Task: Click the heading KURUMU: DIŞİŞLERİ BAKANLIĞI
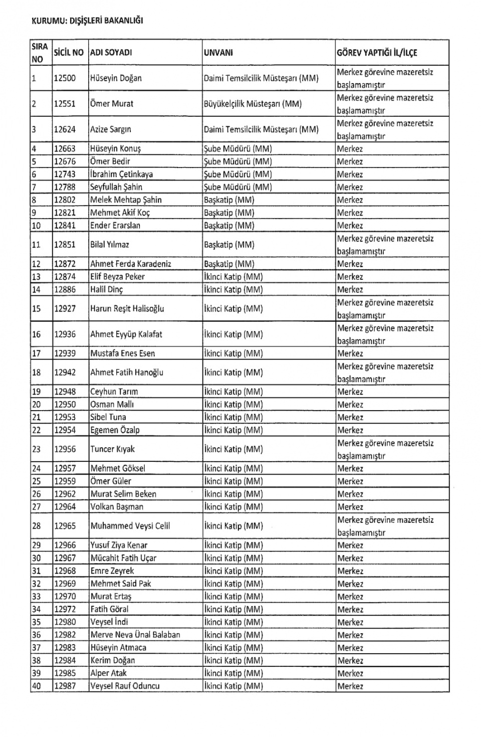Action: point(87,21)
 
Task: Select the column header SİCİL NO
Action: point(69,52)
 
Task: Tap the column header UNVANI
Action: point(218,53)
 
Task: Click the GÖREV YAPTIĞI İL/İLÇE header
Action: point(377,53)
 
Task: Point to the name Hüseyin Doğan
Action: point(116,78)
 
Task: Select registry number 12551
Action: point(65,104)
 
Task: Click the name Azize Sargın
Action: point(110,129)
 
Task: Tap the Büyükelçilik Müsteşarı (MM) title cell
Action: point(253,104)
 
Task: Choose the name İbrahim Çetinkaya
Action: point(121,174)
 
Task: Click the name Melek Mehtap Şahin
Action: point(126,200)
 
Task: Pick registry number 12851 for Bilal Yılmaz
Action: point(65,245)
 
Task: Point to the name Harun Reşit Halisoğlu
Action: point(127,309)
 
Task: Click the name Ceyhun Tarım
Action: point(114,392)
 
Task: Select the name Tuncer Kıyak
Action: point(112,449)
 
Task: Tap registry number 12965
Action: point(65,526)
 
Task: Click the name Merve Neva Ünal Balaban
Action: point(135,635)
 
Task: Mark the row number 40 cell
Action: point(37,686)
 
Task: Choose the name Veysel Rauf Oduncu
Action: point(125,686)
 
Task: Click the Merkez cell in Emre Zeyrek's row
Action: point(350,571)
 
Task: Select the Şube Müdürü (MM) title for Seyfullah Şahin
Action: point(237,187)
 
